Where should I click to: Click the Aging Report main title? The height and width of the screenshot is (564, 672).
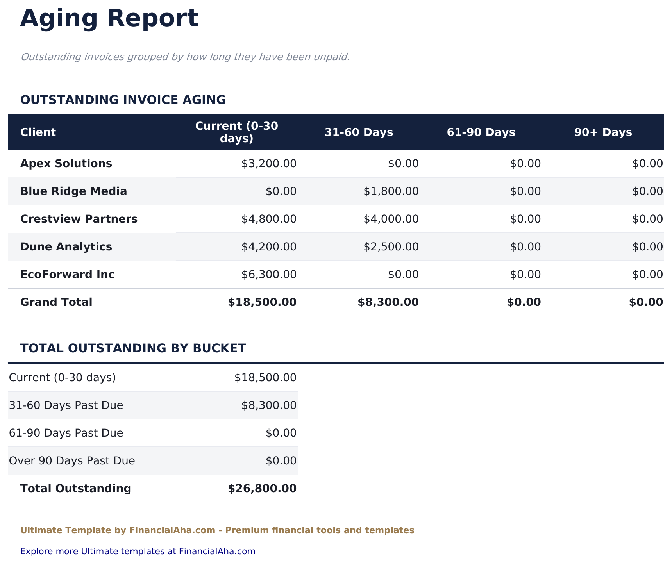click(x=109, y=19)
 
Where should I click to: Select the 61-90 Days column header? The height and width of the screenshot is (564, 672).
click(x=481, y=132)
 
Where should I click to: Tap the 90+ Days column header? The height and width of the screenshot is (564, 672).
click(x=603, y=132)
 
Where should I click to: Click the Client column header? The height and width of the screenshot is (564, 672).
click(x=38, y=132)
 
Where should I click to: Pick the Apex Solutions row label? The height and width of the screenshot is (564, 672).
click(x=66, y=164)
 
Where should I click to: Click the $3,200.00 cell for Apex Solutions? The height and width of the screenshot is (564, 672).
click(x=269, y=164)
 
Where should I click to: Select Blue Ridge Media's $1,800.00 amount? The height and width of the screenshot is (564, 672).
click(x=391, y=191)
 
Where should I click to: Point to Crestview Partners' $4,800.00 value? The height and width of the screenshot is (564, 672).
click(x=269, y=219)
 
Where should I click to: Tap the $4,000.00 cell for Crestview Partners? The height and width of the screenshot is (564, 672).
click(x=391, y=219)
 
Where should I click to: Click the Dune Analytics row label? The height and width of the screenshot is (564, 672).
click(x=66, y=247)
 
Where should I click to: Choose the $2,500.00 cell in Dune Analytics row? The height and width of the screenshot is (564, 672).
click(x=391, y=247)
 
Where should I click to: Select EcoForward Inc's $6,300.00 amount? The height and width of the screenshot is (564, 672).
click(x=269, y=275)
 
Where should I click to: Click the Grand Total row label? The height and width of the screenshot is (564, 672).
click(x=56, y=302)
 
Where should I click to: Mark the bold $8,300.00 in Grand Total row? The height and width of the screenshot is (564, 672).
click(x=388, y=302)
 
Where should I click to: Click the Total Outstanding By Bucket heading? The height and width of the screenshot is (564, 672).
click(x=133, y=348)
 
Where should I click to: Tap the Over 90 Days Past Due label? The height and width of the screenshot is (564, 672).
click(x=72, y=461)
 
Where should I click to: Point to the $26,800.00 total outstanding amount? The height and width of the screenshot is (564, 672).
click(x=262, y=489)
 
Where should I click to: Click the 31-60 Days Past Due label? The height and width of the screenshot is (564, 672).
click(x=66, y=405)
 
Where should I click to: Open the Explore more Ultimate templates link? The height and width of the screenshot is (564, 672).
click(x=138, y=552)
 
